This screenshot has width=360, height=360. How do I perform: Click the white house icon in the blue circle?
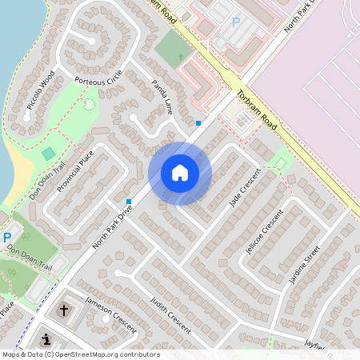pyautogui.click(x=180, y=173)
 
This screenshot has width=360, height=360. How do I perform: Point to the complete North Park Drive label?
pyautogui.click(x=113, y=226)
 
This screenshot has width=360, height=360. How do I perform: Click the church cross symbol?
pyautogui.click(x=63, y=308)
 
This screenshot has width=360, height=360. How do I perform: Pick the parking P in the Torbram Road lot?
pyautogui.click(x=236, y=22)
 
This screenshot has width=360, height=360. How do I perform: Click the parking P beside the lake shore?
pyautogui.click(x=7, y=238)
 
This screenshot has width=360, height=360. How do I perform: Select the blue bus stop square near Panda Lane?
pyautogui.click(x=198, y=122)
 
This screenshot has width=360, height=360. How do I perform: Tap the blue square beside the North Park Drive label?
pyautogui.click(x=129, y=201)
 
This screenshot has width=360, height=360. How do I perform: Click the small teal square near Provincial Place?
pyautogui.click(x=48, y=153)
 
